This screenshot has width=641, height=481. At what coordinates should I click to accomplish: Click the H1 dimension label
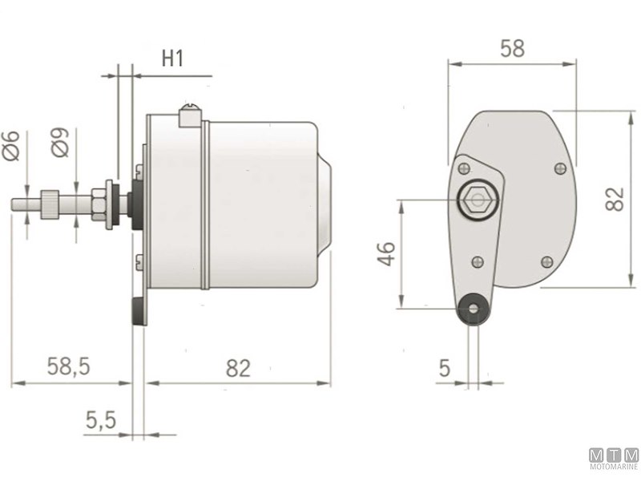pyautogui.click(x=173, y=59)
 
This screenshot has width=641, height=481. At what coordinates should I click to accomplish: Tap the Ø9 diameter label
pyautogui.click(x=62, y=144)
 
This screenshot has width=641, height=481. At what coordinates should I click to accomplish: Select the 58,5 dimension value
pyautogui.click(x=67, y=368)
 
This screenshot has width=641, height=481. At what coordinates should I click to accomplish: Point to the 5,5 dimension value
pyautogui.click(x=101, y=419)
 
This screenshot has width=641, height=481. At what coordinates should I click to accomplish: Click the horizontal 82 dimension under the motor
pyautogui.click(x=238, y=368)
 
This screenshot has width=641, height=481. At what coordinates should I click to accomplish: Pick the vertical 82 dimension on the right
pyautogui.click(x=614, y=198)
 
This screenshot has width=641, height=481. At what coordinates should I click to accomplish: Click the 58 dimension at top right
pyautogui.click(x=512, y=48)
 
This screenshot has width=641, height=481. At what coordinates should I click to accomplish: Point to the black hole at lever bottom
pyautogui.click(x=473, y=309)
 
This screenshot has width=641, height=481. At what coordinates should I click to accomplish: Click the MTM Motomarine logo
pyautogui.click(x=614, y=459)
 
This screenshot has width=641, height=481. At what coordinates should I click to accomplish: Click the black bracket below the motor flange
pyautogui.click(x=140, y=310)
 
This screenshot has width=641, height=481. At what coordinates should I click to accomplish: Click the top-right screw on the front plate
pyautogui.click(x=560, y=168)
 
